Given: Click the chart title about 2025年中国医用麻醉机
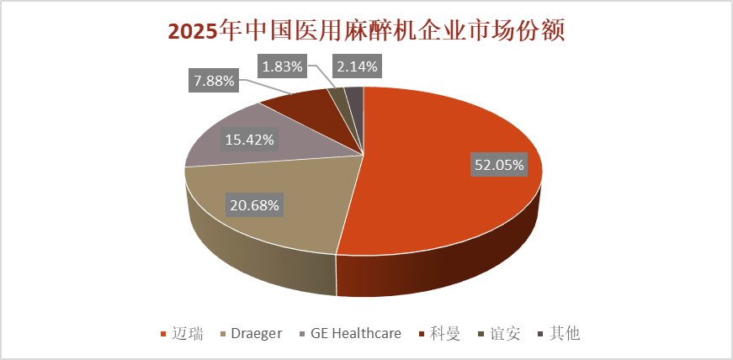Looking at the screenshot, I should point(366,31).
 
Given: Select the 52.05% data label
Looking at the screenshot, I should point(499,165).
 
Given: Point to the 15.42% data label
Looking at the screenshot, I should point(247,139).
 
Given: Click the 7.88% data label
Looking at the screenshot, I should point(213,82).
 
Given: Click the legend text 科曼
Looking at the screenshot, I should point(446,333).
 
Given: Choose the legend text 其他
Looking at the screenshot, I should point(565,333).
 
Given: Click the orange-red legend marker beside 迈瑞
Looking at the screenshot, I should point(162,334).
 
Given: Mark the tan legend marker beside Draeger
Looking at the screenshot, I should point(223,334).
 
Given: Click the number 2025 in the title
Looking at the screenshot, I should point(192,31).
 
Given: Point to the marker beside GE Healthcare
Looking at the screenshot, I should point(303,334).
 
